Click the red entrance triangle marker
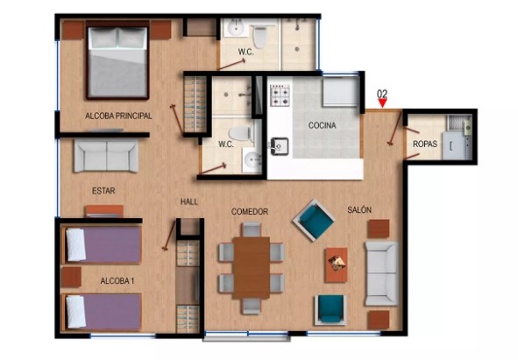coord(382,103)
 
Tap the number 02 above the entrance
coord(382,94)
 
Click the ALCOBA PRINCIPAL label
coord(118,116)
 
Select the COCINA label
coord(322,125)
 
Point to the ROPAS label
coord(425,144)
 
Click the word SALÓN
coord(359,209)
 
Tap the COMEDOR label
coord(250,211)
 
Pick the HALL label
coord(189,201)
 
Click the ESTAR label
coord(103,191)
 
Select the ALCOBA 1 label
coord(117,281)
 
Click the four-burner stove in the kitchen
coord(280,95)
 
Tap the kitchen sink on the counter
coord(280,146)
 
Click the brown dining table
coord(252,268)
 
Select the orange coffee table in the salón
coord(337,265)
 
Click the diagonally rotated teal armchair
coord(314,221)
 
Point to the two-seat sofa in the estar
coord(106,156)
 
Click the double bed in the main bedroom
coord(117,60)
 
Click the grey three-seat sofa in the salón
coord(381,273)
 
